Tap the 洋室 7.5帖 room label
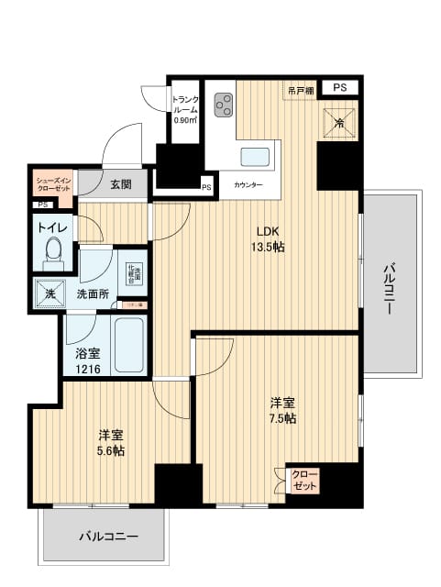coord(281,410)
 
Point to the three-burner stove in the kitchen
coord(223,106)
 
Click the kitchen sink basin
coord(253,154)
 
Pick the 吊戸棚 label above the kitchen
coord(300,89)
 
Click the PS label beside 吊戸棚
coord(340,88)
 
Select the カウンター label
coord(248,185)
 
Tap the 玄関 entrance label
coord(120,183)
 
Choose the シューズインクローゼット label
coord(52,184)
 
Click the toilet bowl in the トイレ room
coord(54,249)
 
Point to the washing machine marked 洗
coord(48,293)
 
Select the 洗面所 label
coord(93,294)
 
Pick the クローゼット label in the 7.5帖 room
coord(300,480)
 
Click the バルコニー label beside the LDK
coord(391,288)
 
